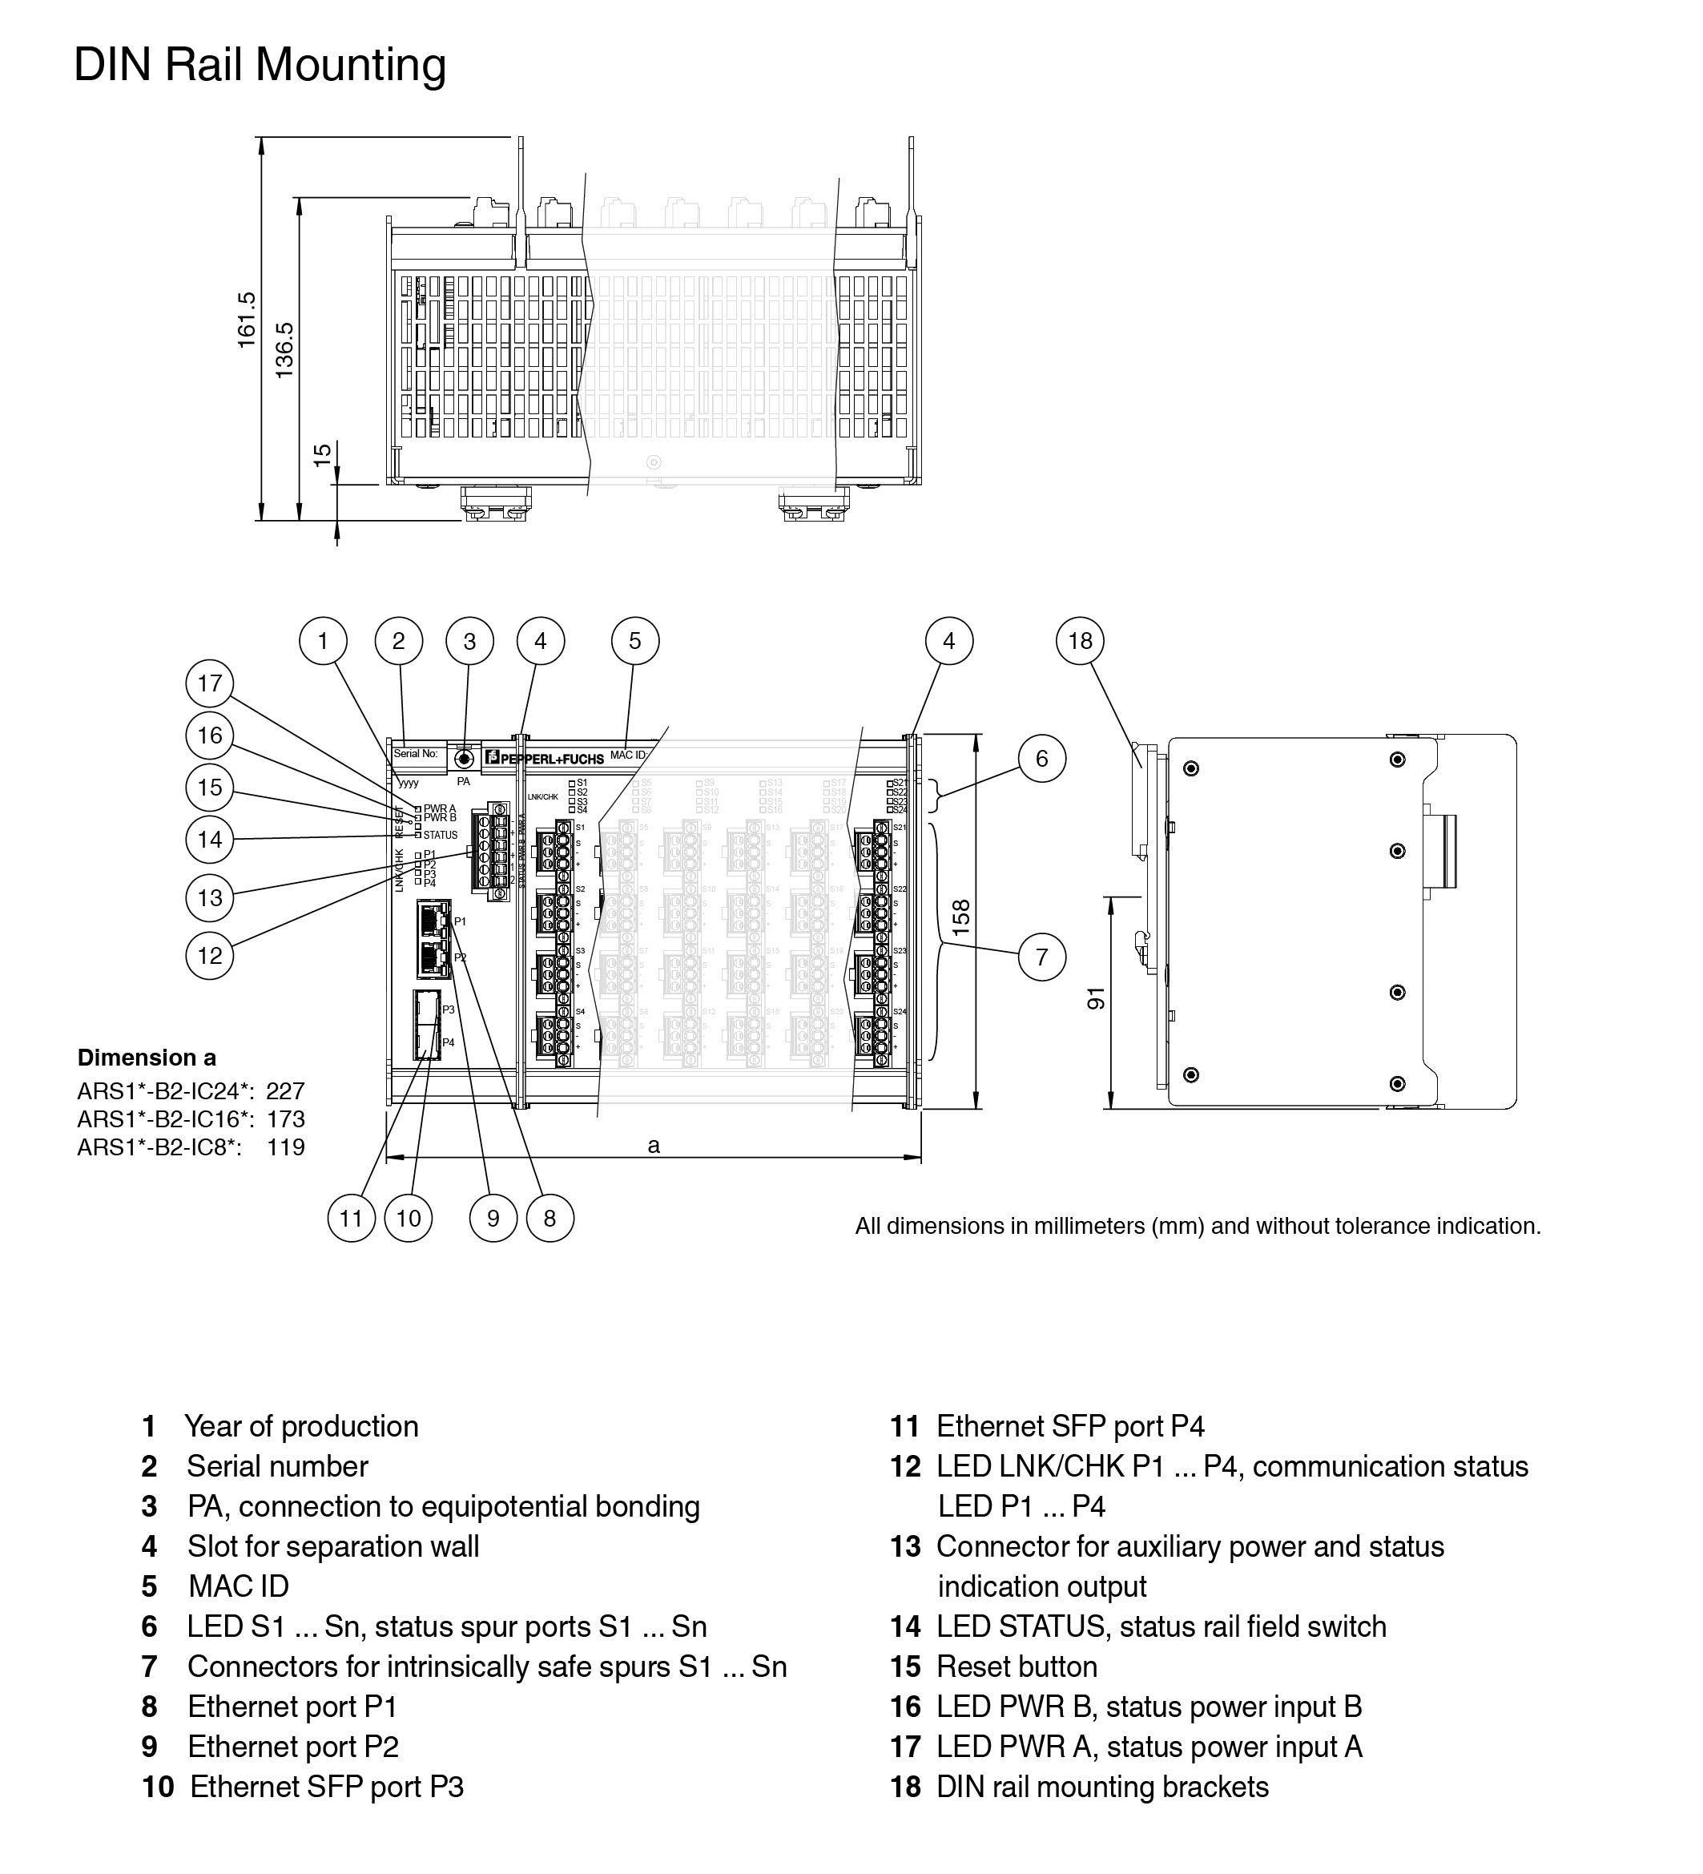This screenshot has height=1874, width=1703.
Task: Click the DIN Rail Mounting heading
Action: (x=260, y=65)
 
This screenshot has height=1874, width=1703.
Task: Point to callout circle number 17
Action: (x=209, y=683)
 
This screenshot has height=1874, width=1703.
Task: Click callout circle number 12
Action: (x=209, y=955)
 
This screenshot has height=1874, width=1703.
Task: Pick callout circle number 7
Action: (x=1041, y=957)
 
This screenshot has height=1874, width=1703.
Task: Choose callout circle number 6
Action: (x=1041, y=759)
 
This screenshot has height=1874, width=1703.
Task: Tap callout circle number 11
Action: (x=352, y=1218)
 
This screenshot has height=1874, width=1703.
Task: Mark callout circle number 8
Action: (x=550, y=1218)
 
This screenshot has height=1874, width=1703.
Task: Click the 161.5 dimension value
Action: (x=247, y=320)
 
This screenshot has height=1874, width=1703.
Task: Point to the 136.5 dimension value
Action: (x=284, y=349)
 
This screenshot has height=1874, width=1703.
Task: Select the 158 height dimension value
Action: (x=961, y=917)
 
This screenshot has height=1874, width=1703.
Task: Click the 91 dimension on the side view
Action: (x=1097, y=998)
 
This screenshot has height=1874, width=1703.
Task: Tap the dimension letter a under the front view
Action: (x=654, y=1145)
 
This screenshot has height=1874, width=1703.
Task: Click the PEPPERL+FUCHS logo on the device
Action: (x=546, y=759)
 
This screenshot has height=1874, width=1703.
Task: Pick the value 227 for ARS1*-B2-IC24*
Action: (x=285, y=1090)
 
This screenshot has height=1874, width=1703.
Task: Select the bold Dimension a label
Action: (x=147, y=1057)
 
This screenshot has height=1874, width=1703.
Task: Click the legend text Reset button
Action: (x=1017, y=1666)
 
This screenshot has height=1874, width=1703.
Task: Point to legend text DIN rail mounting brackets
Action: (x=1101, y=1787)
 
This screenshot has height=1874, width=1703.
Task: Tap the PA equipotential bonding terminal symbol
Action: (x=463, y=760)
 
